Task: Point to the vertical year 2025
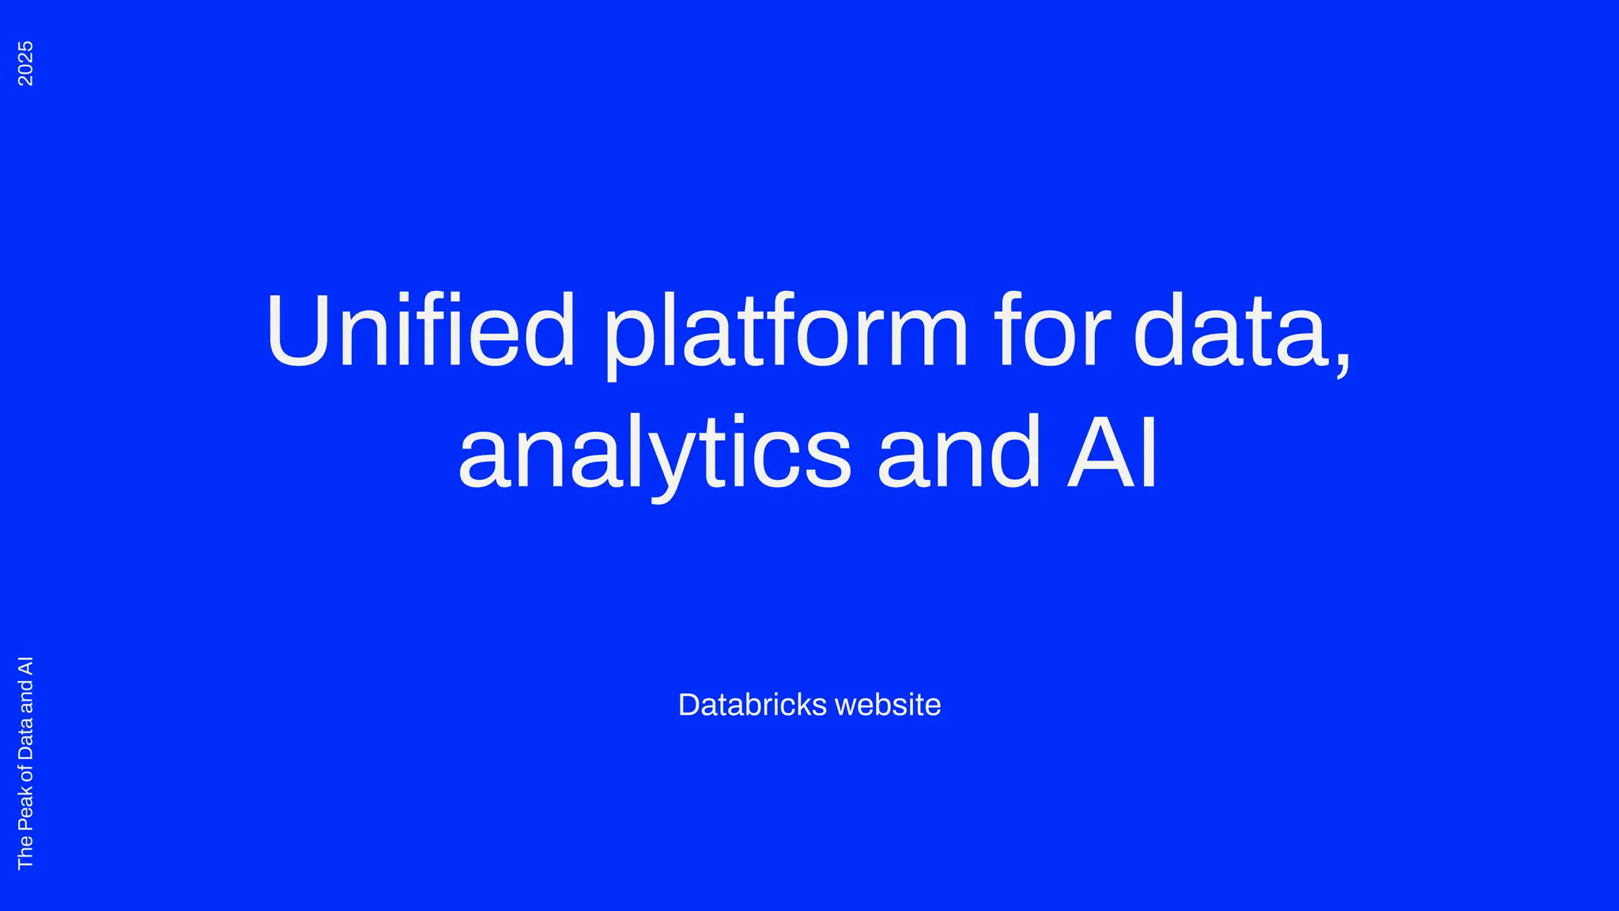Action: (25, 63)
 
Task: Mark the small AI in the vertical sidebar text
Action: (25, 666)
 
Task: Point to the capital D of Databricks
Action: (689, 705)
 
